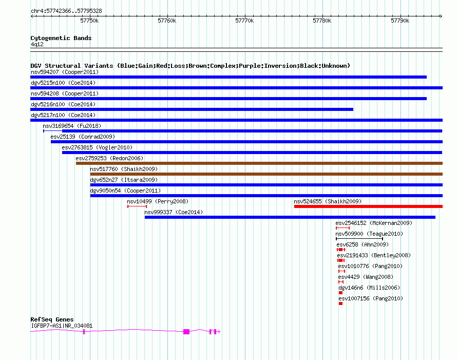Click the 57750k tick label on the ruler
[89, 21]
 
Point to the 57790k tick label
[400, 21]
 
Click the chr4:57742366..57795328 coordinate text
[66, 11]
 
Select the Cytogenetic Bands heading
[61, 38]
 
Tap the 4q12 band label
[37, 44]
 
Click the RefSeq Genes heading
[52, 319]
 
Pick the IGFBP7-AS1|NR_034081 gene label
[62, 326]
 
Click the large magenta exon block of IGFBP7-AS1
[186, 332]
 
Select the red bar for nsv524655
[368, 206]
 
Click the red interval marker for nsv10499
[137, 206]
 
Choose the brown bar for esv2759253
[259, 163]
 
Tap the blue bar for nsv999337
[290, 217]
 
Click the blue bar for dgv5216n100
[192, 109]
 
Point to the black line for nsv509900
[359, 239]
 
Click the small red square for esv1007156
[341, 304]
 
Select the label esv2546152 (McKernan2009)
[374, 223]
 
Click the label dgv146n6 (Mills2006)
[369, 288]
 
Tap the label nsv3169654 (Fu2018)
[72, 126]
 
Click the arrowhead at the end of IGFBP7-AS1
[219, 331]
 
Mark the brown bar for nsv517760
[266, 174]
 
